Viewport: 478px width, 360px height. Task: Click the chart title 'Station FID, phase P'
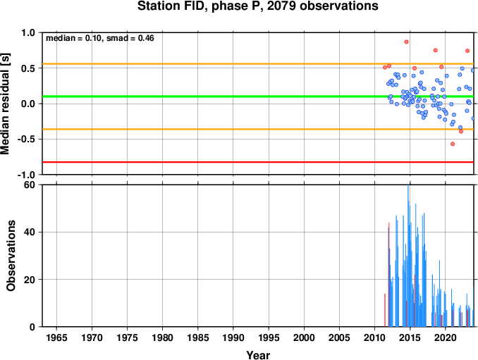201,6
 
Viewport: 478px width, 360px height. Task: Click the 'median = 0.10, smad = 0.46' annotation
100,38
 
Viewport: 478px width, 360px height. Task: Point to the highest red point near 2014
406,42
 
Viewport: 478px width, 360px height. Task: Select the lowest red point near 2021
453,144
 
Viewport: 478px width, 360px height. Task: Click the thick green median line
258,97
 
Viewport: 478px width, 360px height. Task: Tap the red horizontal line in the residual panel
258,162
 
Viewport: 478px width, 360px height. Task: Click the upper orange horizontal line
258,64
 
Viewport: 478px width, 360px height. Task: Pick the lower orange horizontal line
258,129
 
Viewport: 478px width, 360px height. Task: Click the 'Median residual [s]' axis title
5,104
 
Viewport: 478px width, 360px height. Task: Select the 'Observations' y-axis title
11,256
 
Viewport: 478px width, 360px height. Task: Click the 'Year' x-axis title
258,355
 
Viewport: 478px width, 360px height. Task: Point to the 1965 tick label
56,337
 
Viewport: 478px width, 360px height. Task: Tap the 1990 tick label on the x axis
233,337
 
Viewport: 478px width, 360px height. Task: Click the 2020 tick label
446,337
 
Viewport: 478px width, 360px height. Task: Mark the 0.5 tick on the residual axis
28,68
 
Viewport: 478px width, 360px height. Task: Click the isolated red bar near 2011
385,310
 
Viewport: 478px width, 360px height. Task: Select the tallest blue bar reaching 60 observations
408,256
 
